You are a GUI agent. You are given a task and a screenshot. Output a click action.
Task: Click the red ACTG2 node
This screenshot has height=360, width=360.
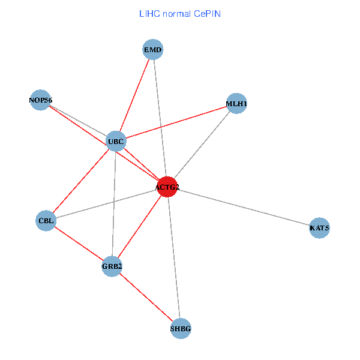(167, 187)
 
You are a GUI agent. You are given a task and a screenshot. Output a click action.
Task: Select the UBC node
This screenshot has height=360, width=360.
(115, 142)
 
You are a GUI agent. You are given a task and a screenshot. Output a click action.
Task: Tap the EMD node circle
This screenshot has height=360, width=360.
(153, 50)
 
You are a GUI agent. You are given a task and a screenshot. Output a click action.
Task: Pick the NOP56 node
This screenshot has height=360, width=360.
(40, 100)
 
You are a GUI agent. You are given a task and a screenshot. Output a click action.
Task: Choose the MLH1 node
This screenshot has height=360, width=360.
(236, 104)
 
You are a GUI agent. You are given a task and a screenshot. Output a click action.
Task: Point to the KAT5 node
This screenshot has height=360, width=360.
(319, 228)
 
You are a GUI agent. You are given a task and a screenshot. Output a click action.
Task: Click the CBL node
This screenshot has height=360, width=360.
(46, 220)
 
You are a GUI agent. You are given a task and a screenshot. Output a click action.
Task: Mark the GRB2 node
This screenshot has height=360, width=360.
(112, 266)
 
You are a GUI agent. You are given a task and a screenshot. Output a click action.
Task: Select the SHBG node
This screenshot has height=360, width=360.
(181, 328)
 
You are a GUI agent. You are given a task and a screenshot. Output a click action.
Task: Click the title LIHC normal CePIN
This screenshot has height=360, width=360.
(180, 13)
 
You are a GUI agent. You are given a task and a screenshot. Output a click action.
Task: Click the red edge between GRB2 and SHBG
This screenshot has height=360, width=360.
(146, 297)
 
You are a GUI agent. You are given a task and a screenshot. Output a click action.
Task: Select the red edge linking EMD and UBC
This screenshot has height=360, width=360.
(134, 95)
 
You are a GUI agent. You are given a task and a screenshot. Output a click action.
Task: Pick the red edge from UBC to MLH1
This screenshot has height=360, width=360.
(176, 122)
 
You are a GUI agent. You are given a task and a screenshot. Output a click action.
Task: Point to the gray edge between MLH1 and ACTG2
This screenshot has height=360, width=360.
(202, 145)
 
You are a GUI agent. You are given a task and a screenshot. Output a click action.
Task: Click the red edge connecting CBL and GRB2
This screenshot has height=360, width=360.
(79, 243)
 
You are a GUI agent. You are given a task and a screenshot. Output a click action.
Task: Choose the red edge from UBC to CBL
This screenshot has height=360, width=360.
(80, 181)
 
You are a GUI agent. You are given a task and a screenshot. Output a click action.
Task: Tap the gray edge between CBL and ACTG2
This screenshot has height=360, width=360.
(106, 204)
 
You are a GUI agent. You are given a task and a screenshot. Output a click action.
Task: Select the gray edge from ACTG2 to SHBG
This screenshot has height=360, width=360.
(174, 258)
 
